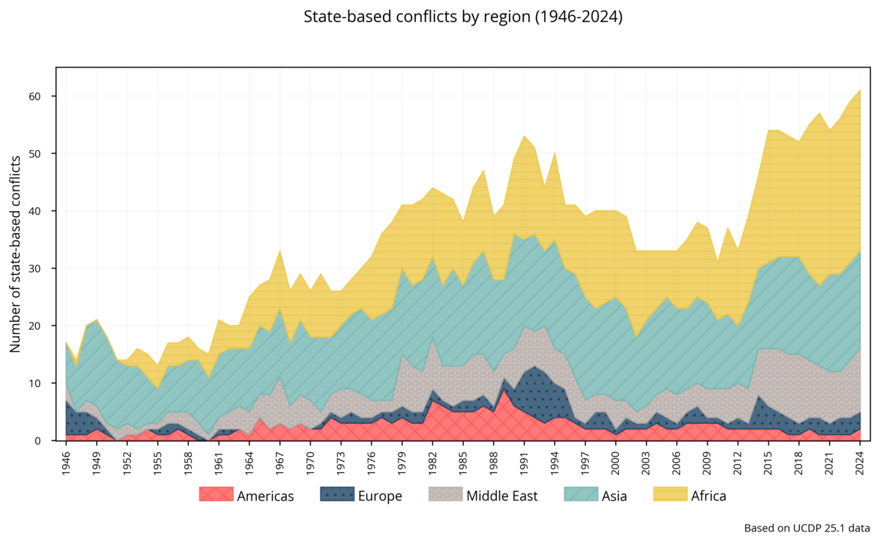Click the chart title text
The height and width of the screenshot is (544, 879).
[463, 17]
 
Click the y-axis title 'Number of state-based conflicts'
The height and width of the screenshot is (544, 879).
[15, 254]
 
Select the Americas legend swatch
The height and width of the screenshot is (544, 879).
[216, 496]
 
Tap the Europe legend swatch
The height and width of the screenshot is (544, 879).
[336, 496]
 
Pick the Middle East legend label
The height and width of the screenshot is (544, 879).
[502, 496]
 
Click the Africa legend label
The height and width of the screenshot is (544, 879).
[708, 496]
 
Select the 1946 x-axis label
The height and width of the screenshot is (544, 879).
[67, 461]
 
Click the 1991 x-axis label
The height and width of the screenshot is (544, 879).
[524, 461]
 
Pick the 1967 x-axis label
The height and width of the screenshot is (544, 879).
[281, 461]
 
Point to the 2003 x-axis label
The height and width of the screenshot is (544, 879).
[646, 461]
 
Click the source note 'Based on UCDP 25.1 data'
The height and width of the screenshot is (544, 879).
[806, 528]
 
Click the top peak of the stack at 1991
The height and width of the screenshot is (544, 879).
[524, 136]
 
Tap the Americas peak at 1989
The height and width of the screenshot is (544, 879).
[504, 389]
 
